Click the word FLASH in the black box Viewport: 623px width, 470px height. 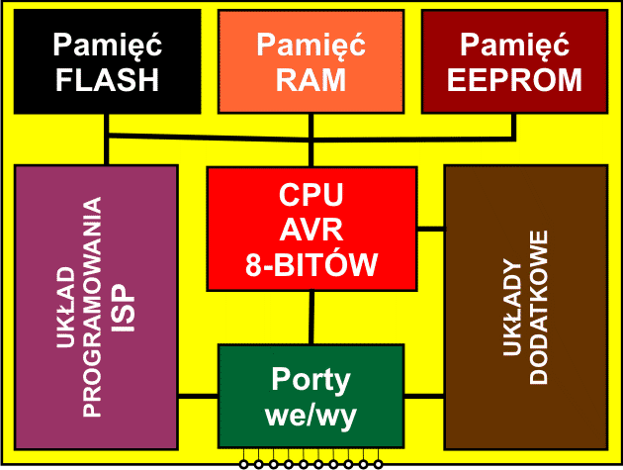tap(106, 79)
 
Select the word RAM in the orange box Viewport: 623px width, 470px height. tap(311, 79)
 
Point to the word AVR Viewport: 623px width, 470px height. tap(311, 230)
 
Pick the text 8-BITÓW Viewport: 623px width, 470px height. tap(311, 264)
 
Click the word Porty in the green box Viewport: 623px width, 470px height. tap(311, 379)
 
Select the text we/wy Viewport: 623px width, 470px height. tap(311, 415)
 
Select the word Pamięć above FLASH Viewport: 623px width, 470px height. tap(106, 44)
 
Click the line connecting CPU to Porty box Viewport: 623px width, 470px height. tap(312, 318)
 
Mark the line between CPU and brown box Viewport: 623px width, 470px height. tap(430, 230)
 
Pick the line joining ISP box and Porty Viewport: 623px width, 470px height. tap(198, 397)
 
